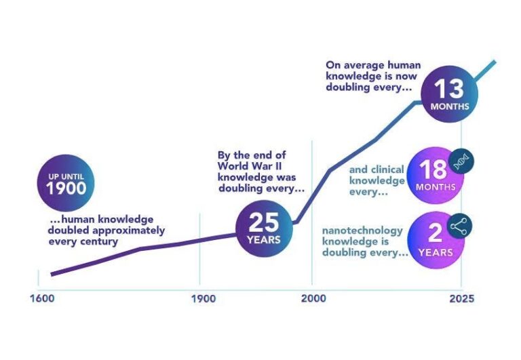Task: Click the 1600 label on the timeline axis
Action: [x=43, y=298]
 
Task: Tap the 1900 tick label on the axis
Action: [x=199, y=298]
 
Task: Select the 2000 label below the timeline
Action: [x=312, y=298]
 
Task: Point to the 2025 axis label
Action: [x=461, y=298]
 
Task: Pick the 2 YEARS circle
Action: [x=435, y=239]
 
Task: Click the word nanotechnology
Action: [x=362, y=231]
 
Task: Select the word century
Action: [x=100, y=241]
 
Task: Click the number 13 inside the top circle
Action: [x=449, y=88]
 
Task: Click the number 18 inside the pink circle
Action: [x=432, y=169]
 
